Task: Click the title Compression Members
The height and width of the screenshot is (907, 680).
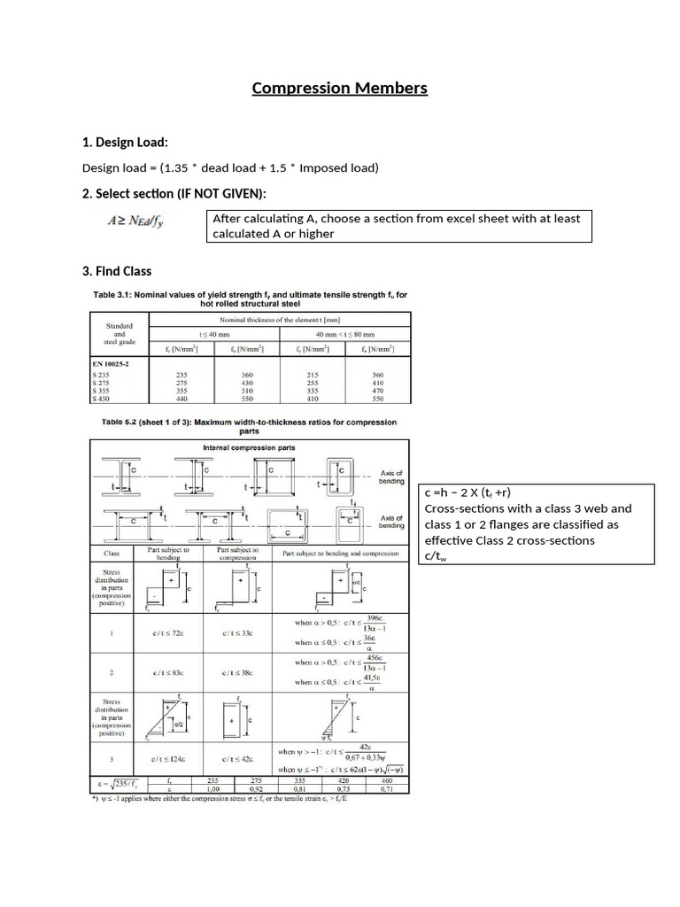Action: point(339,88)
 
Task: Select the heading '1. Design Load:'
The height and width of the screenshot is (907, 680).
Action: point(125,143)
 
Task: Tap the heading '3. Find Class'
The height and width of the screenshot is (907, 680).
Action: point(117,271)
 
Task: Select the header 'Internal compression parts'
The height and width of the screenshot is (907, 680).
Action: point(249,447)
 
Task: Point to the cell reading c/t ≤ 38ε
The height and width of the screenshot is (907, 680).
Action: point(235,673)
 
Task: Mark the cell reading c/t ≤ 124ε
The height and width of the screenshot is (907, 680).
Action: point(166,760)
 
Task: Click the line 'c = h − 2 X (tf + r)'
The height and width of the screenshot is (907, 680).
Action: point(468,493)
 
